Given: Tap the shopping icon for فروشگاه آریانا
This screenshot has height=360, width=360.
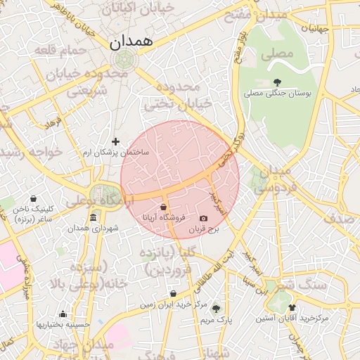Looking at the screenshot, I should click(164, 207).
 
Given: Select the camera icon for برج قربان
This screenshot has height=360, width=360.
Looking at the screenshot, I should click(204, 219).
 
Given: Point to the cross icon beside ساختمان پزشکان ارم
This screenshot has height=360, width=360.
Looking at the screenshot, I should click(116, 141).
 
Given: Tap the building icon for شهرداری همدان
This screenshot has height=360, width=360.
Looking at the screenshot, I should click(94, 217).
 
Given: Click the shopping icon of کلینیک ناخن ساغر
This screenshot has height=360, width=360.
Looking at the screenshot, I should click(34, 199).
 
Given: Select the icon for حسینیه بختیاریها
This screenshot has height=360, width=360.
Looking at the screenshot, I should click(63, 314).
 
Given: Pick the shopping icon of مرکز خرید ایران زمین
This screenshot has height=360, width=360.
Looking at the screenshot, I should click(173, 294).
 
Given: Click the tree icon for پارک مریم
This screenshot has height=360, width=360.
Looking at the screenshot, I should click(216, 308).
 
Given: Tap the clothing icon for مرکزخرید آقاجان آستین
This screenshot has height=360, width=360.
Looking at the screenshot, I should click(292, 307).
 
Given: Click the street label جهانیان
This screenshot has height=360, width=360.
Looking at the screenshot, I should click(315, 29).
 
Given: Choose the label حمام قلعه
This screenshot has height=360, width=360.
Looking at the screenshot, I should click(65, 50).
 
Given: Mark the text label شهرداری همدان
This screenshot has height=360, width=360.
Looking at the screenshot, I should click(94, 229).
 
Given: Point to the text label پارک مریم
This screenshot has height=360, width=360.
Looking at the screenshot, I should click(216, 319).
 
